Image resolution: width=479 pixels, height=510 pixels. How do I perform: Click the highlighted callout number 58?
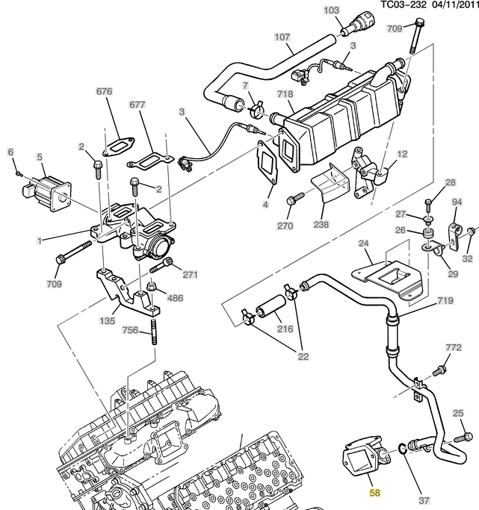point(375,493)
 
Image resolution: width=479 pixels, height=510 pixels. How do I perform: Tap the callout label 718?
point(285,94)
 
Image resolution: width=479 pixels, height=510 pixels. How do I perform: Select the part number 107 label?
point(282,37)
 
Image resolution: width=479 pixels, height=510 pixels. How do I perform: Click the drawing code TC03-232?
point(404,5)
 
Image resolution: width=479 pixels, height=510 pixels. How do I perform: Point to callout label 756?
point(130,330)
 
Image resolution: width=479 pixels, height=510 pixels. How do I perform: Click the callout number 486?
point(175,298)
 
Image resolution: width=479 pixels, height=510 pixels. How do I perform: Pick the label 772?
point(454,347)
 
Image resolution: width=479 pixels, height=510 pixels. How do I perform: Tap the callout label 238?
point(321,224)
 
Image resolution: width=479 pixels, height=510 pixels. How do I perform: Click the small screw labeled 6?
point(19,174)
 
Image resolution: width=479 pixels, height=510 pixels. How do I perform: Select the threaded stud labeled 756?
point(154,332)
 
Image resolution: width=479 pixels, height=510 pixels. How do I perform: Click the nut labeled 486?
point(152,287)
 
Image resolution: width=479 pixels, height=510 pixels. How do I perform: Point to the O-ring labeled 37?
point(402,450)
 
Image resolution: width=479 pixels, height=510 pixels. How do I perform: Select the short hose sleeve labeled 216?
point(271,306)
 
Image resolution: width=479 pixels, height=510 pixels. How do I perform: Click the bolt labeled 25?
point(463,437)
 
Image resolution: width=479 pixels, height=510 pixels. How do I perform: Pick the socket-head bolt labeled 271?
point(161,265)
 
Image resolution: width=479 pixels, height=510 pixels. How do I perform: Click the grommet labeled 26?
point(427,233)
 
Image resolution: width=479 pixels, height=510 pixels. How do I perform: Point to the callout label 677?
point(137,105)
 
